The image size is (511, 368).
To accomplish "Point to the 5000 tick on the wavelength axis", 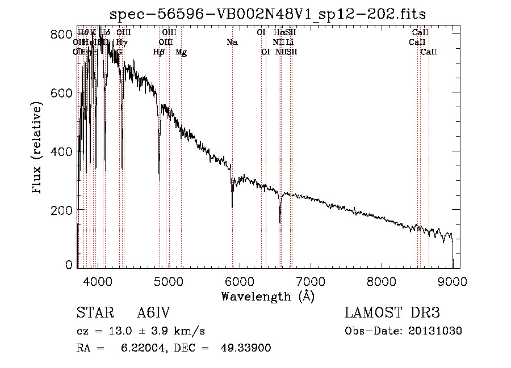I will point(169,280).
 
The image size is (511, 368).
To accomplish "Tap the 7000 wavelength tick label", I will point(311,280).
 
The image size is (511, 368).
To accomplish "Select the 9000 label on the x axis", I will point(453,280).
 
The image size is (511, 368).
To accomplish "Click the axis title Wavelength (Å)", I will point(267,296).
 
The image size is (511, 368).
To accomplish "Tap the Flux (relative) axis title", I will point(38,149).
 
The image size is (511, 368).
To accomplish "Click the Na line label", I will point(232,43).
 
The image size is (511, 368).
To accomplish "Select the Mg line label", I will point(181,52).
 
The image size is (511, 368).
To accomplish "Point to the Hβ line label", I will point(159,52).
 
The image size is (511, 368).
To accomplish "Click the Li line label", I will point(290,43).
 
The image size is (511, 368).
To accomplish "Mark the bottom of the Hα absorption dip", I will point(280,222).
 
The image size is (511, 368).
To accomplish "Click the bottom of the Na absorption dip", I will point(232,207).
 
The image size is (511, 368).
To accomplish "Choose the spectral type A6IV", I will point(153,313).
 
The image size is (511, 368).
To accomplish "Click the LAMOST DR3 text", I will point(392,313).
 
